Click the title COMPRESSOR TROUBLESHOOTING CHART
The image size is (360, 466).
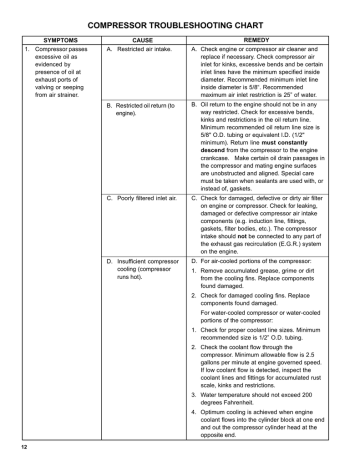pos(180,21)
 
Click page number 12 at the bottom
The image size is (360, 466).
pos(14,447)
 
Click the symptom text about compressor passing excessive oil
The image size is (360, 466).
pos(61,71)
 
